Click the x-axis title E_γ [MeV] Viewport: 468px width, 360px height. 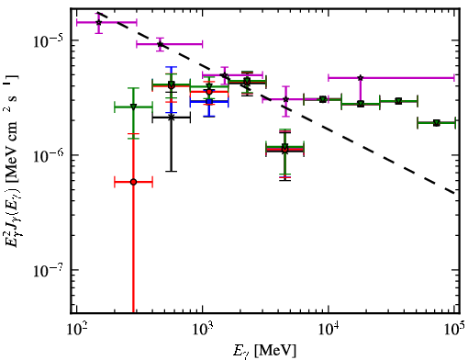pos(264,351)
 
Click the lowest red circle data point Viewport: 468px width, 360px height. pos(133,182)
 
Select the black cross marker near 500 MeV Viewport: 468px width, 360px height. pos(172,118)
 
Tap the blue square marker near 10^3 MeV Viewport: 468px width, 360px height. pos(209,101)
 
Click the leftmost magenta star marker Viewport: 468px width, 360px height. pos(98,22)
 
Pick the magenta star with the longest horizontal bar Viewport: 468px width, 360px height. pos(361,78)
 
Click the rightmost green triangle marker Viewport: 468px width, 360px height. pos(437,123)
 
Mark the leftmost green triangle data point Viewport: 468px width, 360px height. pos(133,107)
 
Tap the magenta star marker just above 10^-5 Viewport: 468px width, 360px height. pos(160,44)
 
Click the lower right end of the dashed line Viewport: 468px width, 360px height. pos(454,193)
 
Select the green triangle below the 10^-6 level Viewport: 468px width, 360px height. pos(285,146)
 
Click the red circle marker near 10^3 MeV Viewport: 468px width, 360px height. pos(209,92)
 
